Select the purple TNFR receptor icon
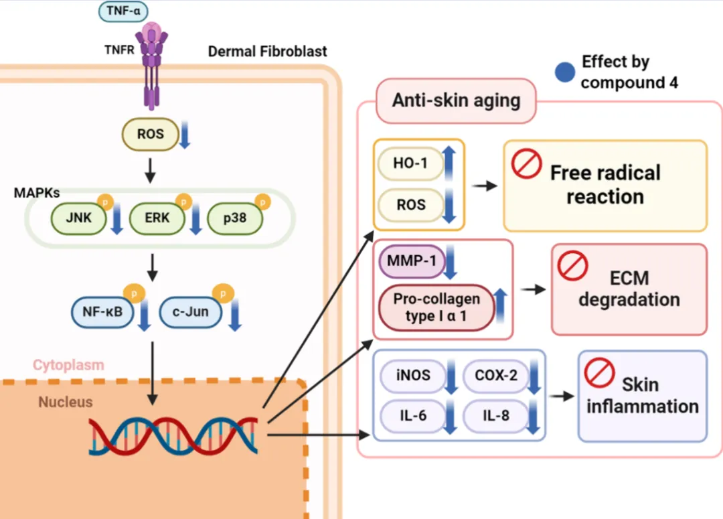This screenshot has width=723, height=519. (153, 64)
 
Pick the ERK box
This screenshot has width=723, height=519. (157, 218)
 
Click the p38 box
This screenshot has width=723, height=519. (235, 218)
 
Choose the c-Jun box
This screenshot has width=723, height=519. (189, 311)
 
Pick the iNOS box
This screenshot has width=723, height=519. (413, 376)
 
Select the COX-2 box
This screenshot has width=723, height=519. (496, 376)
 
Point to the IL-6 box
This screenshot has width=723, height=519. (413, 416)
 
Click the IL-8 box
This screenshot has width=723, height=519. (496, 416)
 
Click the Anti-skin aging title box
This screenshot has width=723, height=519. (456, 101)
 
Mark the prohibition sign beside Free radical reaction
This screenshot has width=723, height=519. (526, 164)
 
